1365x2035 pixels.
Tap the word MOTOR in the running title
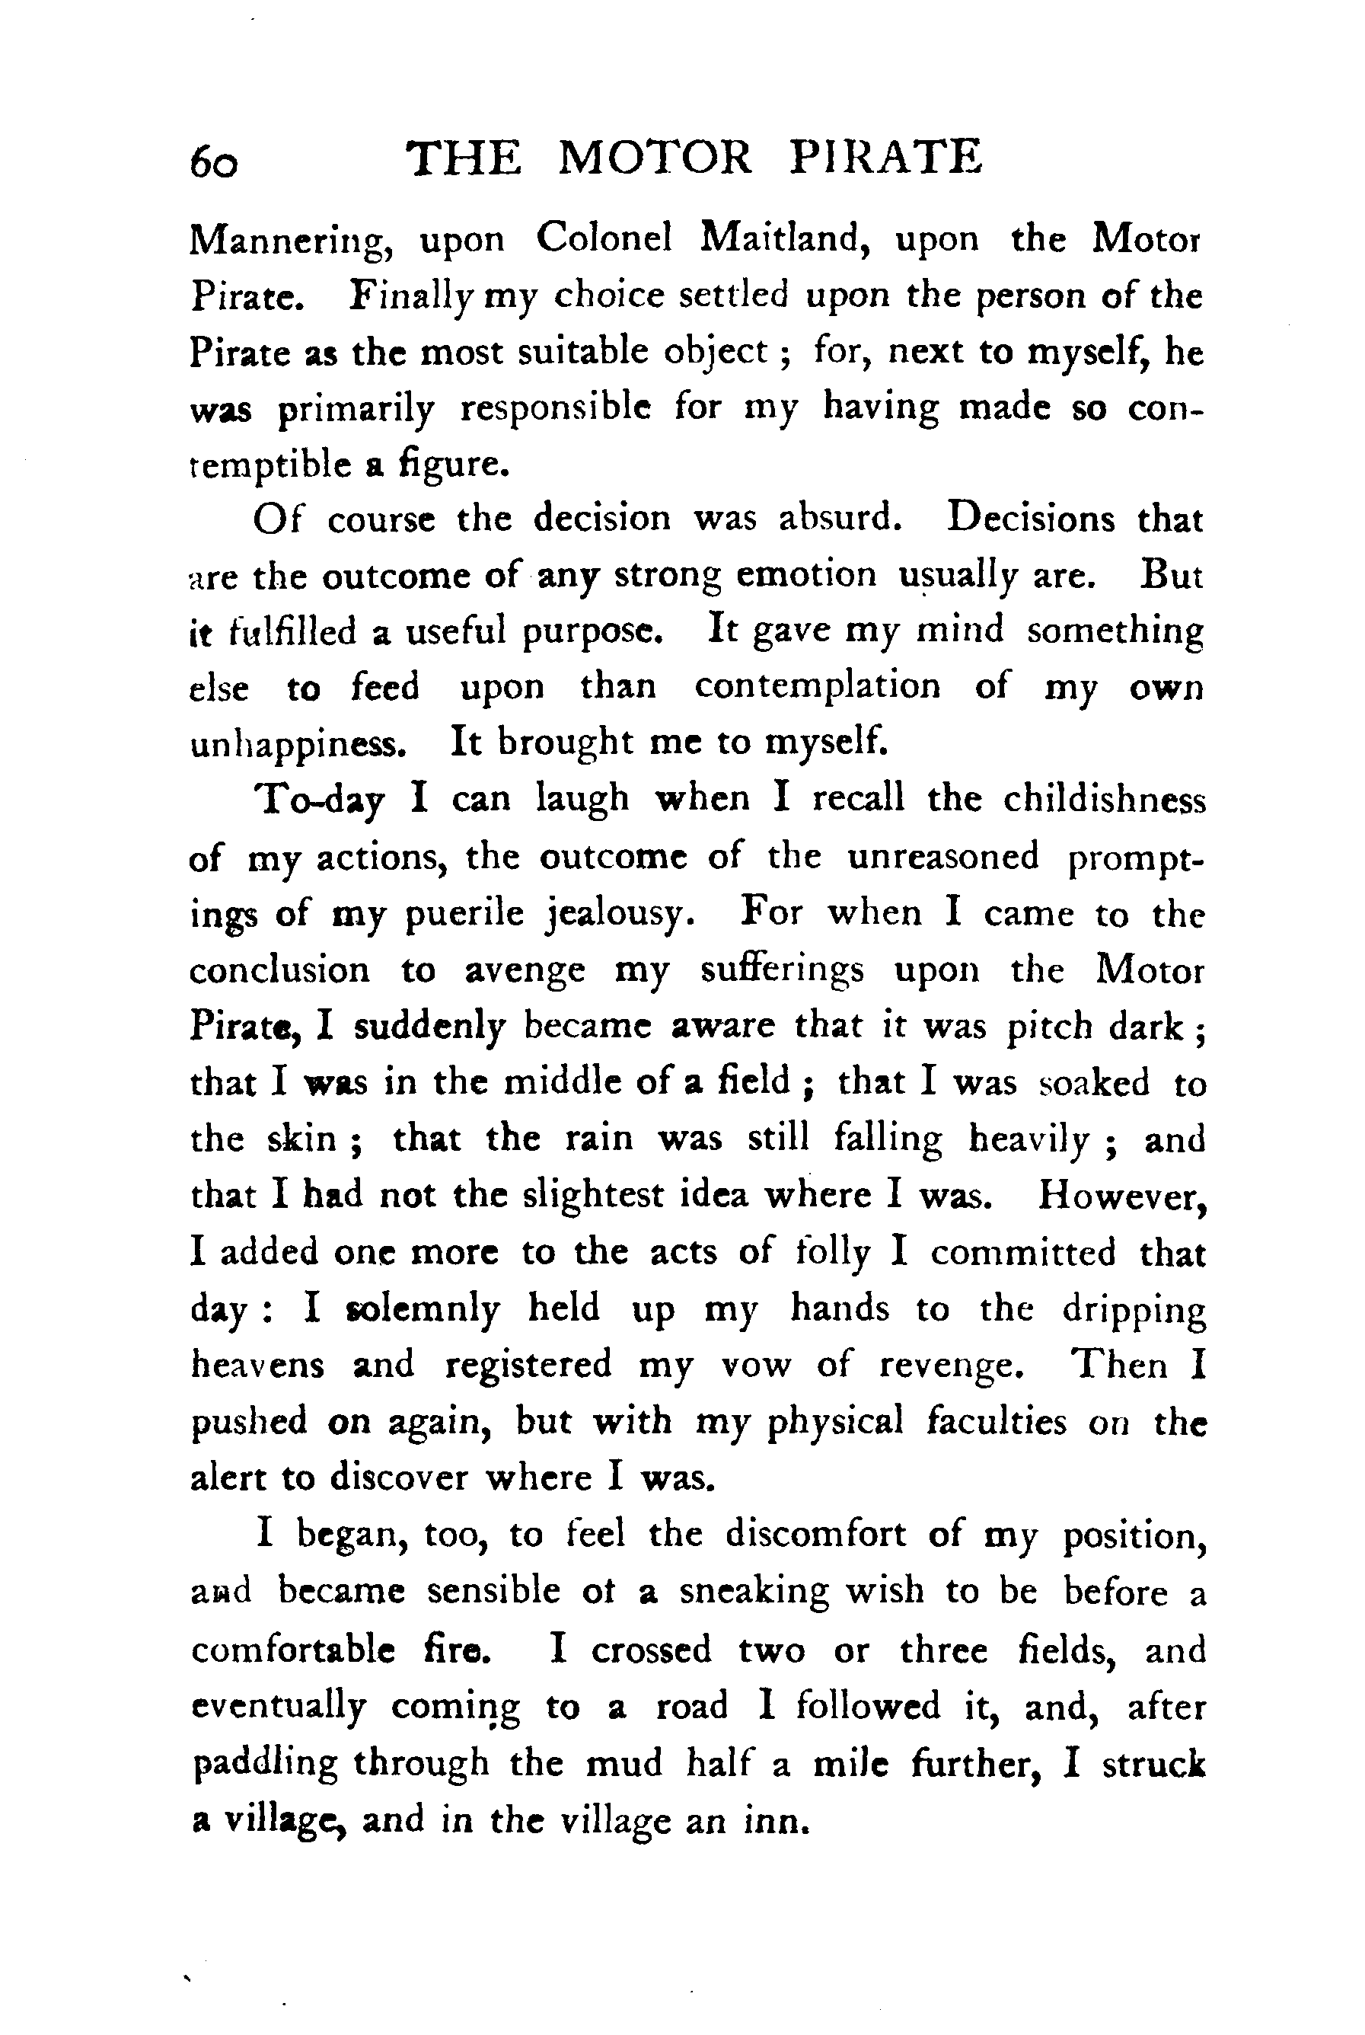(654, 158)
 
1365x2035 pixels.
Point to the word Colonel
(603, 238)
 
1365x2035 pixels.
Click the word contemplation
(818, 687)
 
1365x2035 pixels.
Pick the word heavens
(257, 1366)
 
